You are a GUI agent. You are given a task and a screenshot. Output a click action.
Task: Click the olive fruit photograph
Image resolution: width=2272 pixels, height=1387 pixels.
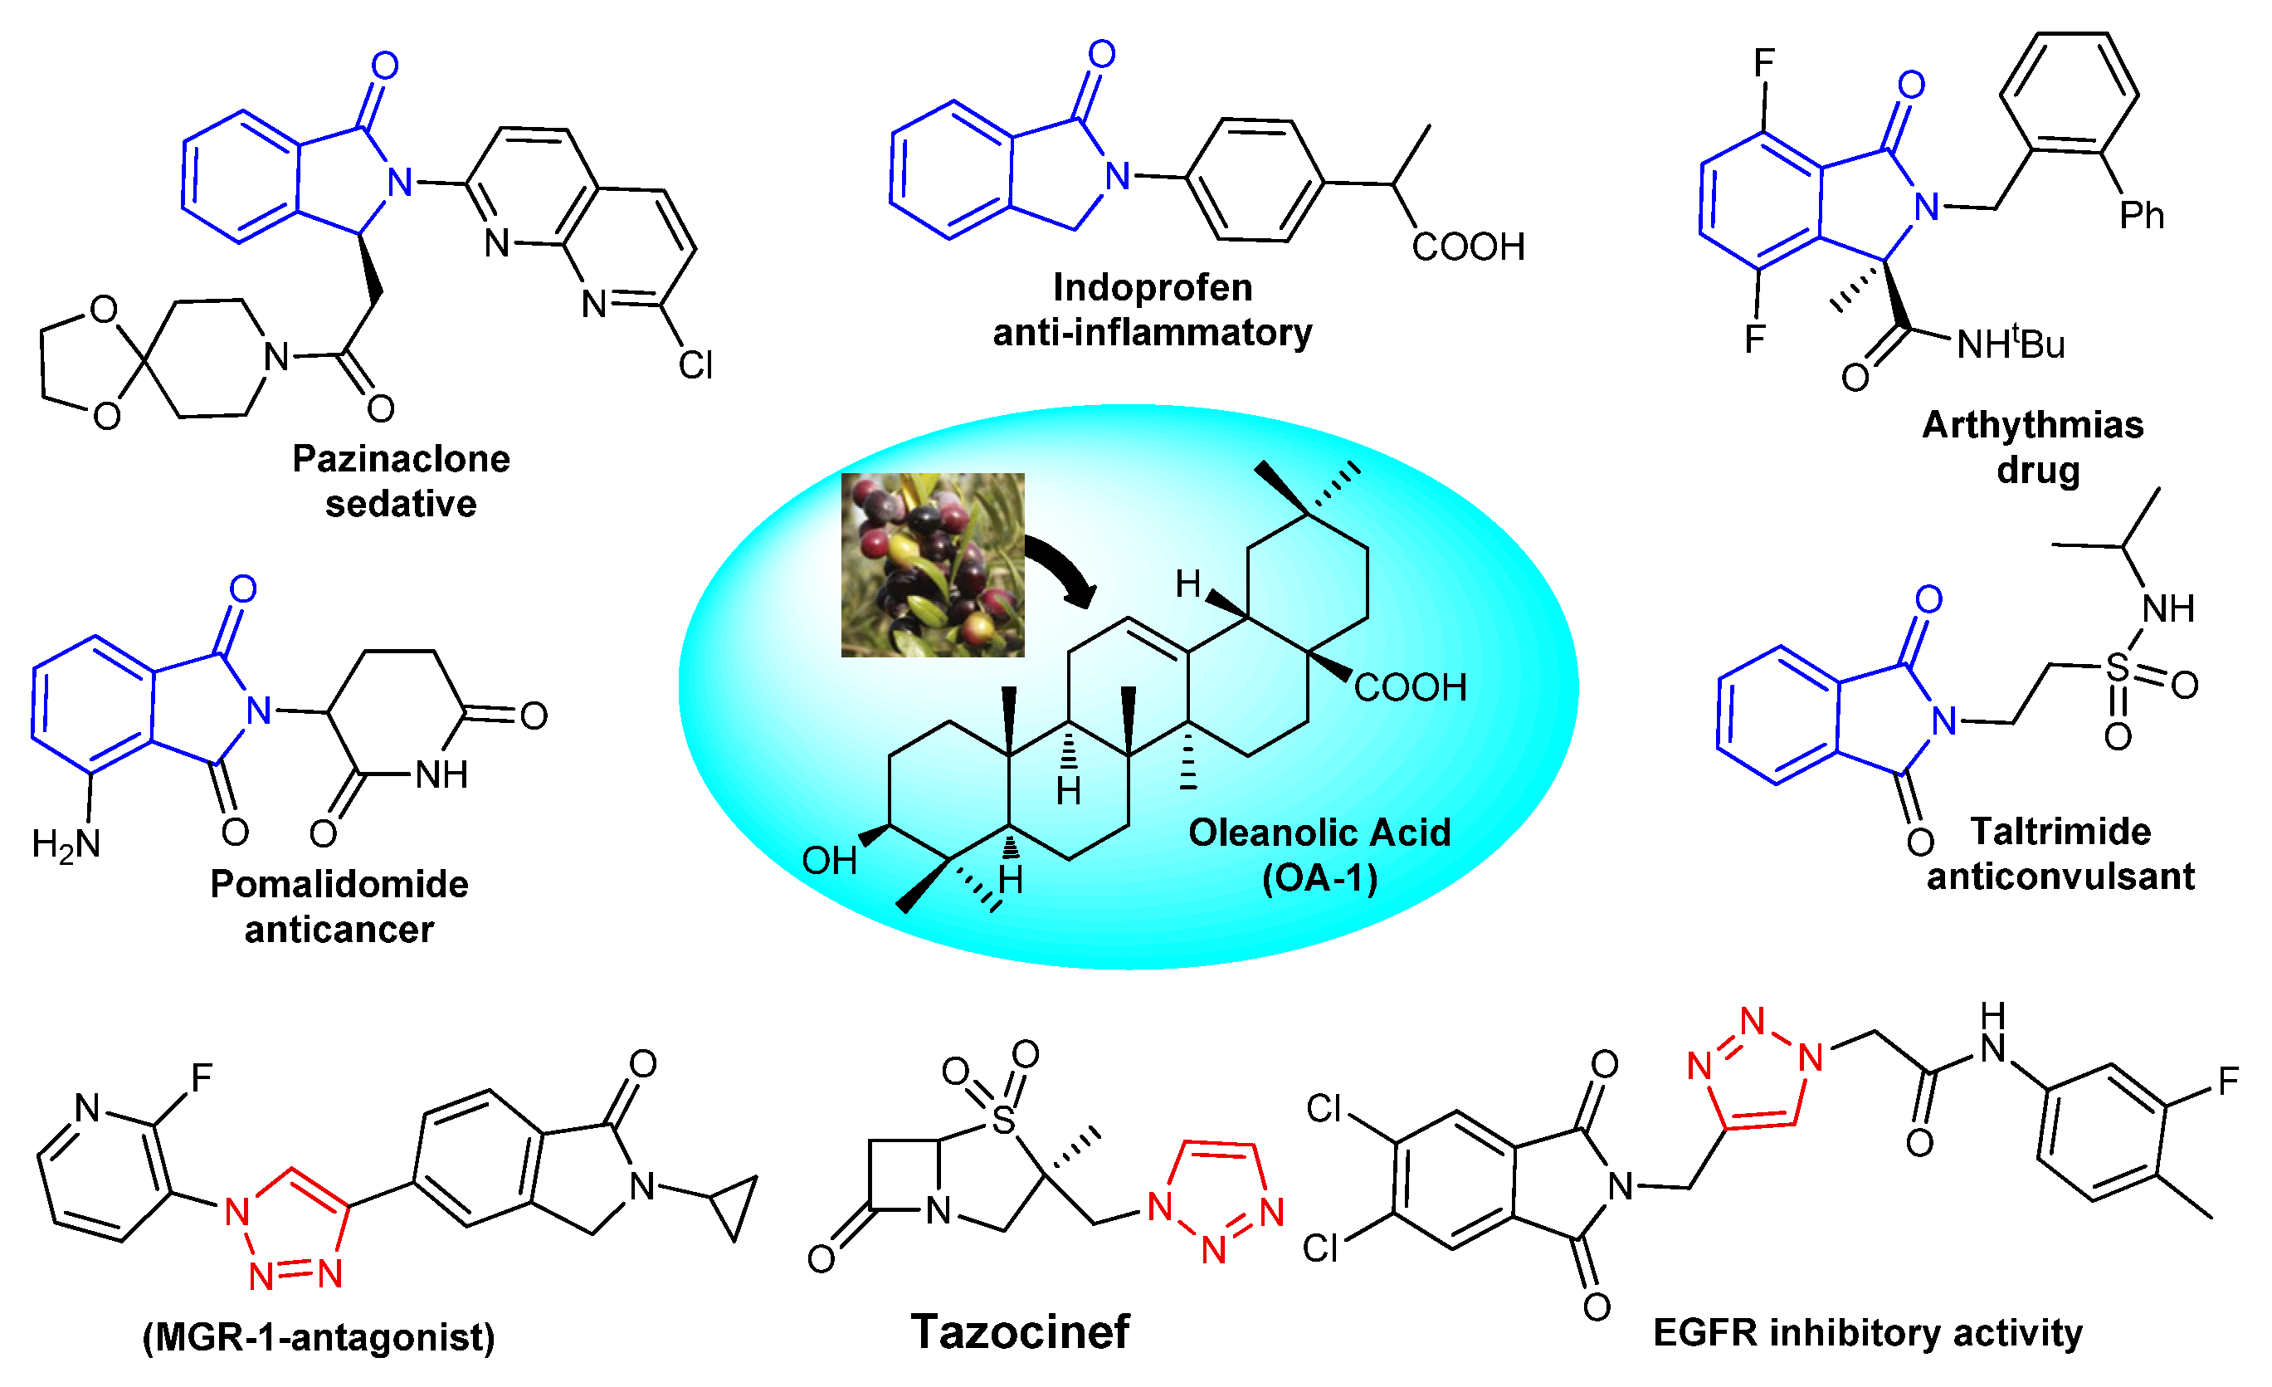tap(932, 564)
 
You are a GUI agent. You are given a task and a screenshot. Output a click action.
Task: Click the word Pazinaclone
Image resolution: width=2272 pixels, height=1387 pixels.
tap(401, 458)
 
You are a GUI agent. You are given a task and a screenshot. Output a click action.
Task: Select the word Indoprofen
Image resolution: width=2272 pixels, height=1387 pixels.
tap(1153, 288)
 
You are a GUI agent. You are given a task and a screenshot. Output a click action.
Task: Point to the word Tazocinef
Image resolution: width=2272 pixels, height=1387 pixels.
tap(1020, 1331)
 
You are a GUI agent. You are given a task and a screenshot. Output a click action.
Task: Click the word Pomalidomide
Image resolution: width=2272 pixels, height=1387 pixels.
tap(339, 883)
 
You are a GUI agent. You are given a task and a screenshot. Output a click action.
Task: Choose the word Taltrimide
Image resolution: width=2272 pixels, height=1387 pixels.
tap(2061, 831)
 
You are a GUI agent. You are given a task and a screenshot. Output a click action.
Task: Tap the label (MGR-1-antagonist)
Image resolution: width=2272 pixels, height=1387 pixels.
tap(319, 1336)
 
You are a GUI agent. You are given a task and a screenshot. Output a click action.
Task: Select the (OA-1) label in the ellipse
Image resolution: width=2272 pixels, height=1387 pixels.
tap(1319, 878)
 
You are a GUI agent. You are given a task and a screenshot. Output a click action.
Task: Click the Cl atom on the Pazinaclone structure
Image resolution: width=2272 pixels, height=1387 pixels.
tap(695, 365)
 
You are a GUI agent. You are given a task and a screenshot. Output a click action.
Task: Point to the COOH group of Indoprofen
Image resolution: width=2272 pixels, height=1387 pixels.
tap(1468, 247)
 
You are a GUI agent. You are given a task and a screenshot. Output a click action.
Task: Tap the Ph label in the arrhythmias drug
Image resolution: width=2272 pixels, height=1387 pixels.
tap(2141, 216)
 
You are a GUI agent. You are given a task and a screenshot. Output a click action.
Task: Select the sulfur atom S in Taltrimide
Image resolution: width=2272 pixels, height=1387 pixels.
tap(2118, 667)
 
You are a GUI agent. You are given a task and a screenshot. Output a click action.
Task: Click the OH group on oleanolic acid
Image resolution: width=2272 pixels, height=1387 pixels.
tap(829, 861)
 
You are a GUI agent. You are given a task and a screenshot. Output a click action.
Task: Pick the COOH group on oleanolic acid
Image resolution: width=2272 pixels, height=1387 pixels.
tap(1410, 688)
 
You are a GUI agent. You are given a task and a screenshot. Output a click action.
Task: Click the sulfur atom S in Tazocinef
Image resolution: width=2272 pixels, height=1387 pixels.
tap(1003, 1121)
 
